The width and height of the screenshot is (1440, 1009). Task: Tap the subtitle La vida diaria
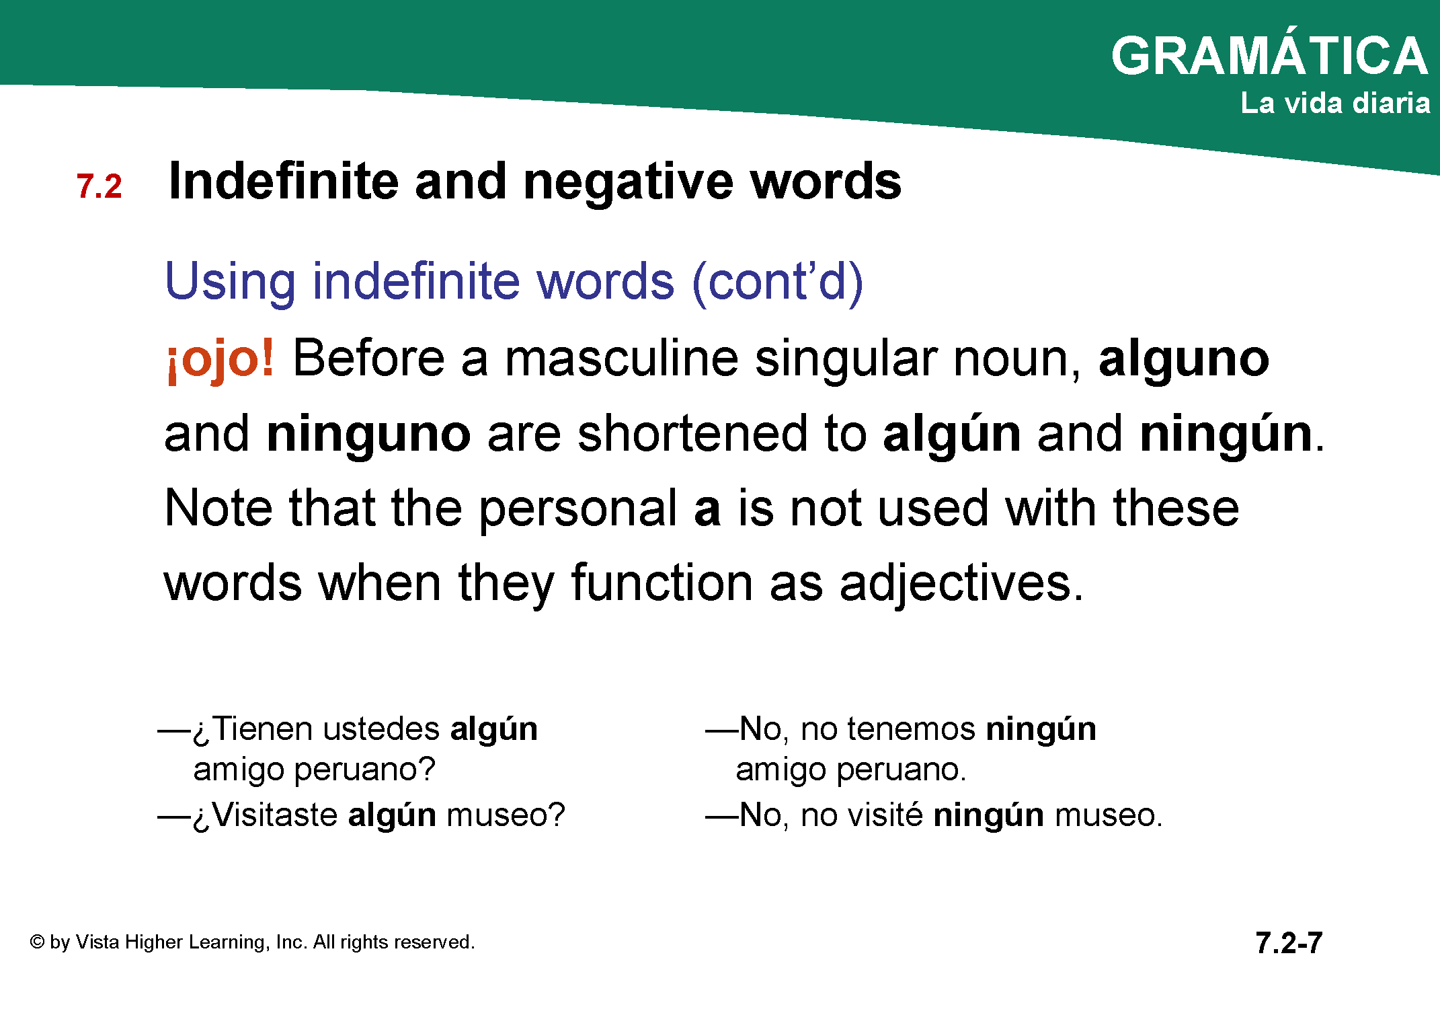coord(1335,103)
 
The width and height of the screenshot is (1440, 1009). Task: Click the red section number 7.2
coord(99,186)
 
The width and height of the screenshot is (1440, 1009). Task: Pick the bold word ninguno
coord(369,434)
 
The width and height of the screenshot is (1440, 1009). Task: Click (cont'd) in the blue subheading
coord(778,281)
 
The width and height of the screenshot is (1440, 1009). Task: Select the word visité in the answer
coord(885,815)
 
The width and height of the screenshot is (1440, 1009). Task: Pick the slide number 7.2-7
coord(1289,942)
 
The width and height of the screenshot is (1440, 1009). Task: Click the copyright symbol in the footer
coord(37,942)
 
